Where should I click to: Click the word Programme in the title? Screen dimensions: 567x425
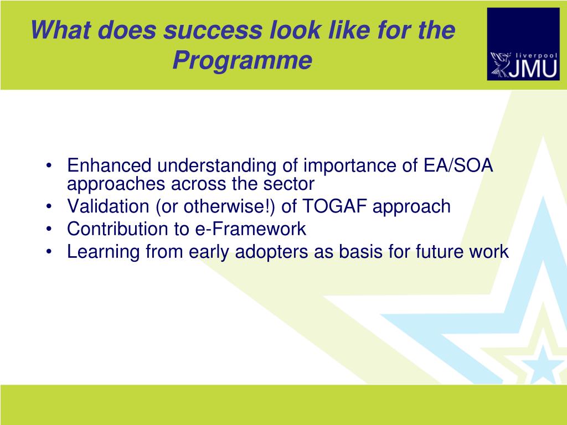[x=243, y=60]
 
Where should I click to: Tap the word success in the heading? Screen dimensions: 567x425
[x=213, y=30]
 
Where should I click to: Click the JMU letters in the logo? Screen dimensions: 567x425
[x=533, y=68]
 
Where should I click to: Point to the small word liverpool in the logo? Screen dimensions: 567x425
[x=537, y=56]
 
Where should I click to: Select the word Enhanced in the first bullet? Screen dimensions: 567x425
[x=109, y=165]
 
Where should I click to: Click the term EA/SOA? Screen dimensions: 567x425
[x=458, y=165]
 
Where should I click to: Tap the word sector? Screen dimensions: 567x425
[x=288, y=184]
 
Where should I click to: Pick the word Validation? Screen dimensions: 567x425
[x=108, y=206]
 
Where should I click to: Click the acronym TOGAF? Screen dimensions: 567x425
[x=334, y=206]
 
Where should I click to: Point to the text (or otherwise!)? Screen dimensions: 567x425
[x=215, y=207]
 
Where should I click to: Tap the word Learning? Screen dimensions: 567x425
[x=104, y=252]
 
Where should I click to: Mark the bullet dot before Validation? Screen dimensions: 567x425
[x=49, y=207]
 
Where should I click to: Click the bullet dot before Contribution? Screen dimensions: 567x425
[x=49, y=230]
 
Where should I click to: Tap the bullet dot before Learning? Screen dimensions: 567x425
[x=49, y=252]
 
